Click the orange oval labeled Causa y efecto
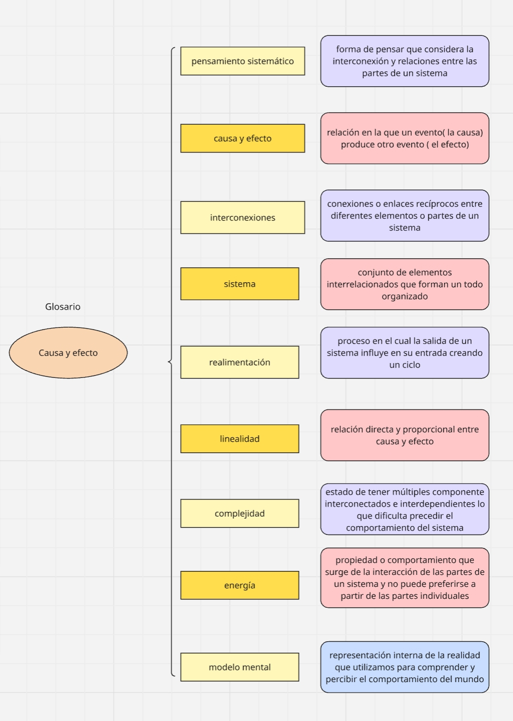point(68,353)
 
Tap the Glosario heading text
point(63,307)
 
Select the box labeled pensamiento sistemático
point(243,61)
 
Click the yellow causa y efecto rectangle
point(243,139)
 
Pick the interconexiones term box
point(243,217)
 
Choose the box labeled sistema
point(240,284)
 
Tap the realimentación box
point(240,362)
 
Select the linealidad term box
point(240,439)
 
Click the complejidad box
point(240,514)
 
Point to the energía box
point(240,585)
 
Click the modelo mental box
point(240,667)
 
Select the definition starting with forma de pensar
point(405,61)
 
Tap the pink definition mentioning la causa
point(405,139)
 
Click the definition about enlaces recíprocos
point(405,216)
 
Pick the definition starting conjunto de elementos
point(405,284)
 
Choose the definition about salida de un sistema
point(405,353)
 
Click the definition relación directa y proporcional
point(405,435)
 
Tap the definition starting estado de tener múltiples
point(405,510)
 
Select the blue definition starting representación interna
point(405,667)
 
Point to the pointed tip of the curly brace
point(169,362)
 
